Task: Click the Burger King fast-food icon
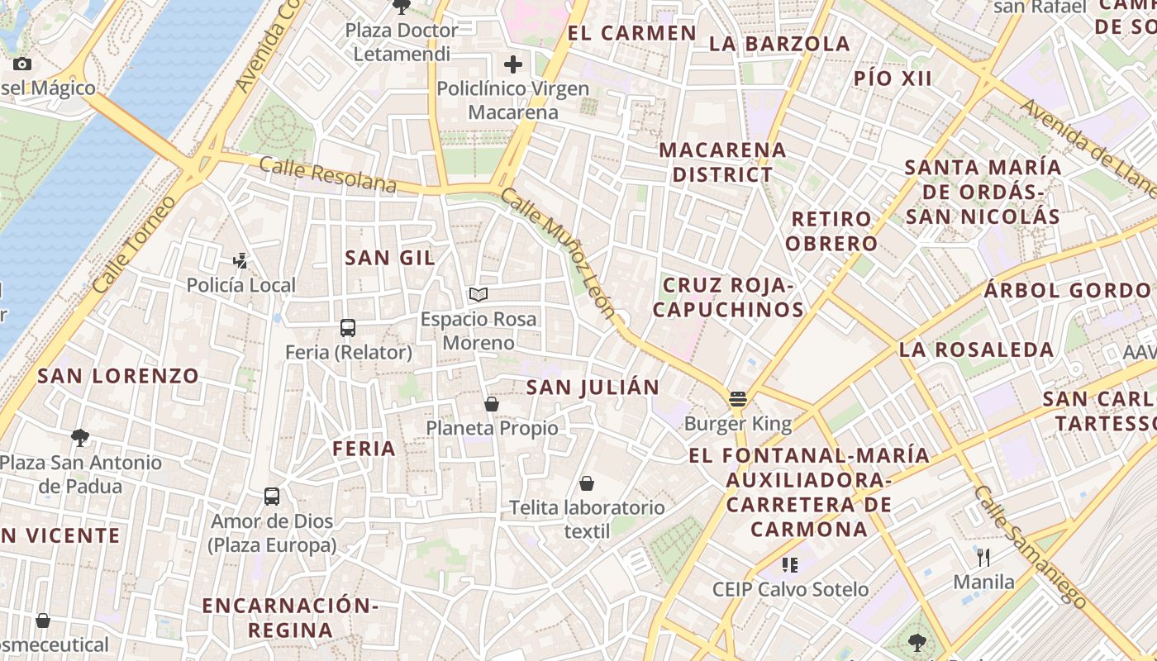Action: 738,399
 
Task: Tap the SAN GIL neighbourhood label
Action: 390,258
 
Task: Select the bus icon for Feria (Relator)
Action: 348,328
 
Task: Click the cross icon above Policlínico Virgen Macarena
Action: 513,64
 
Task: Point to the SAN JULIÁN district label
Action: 593,388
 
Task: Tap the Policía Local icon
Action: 240,261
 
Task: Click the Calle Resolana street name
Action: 327,174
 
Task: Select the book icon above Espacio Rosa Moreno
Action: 479,294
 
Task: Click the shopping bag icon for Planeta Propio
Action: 492,404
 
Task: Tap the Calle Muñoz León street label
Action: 559,253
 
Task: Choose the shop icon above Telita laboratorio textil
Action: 587,483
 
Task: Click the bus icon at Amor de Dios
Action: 272,497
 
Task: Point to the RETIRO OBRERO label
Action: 831,231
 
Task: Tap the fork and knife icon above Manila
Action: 983,557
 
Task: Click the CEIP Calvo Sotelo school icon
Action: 790,565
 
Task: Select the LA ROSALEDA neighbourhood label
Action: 976,350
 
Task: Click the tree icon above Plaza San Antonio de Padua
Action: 80,438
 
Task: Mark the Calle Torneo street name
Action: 135,245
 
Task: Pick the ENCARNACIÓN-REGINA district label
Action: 290,617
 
